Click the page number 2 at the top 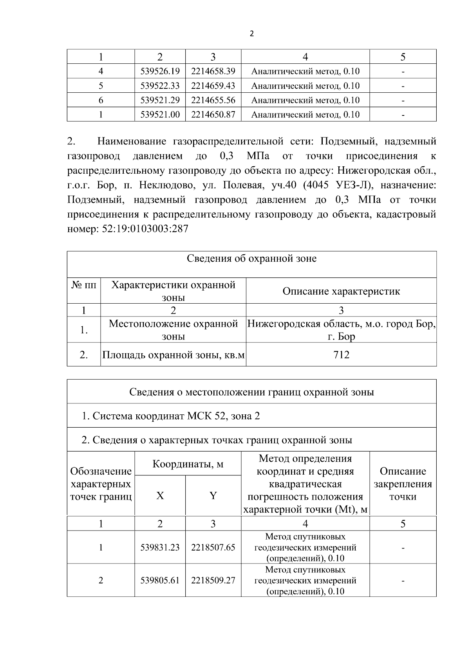[251, 34]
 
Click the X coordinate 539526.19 [160, 71]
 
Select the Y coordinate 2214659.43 [213, 86]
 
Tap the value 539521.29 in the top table [160, 100]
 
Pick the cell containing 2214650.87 [213, 115]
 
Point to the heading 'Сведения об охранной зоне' [251, 259]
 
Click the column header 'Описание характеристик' [341, 292]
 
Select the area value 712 [341, 355]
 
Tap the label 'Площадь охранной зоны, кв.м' [173, 355]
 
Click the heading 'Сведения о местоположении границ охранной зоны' [251, 392]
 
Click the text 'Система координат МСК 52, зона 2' [175, 416]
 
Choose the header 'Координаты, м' [188, 464]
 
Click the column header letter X [160, 496]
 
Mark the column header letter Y [213, 496]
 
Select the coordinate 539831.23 [160, 547]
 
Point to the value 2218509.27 [213, 580]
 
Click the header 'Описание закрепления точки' [403, 484]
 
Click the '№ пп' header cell [84, 285]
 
